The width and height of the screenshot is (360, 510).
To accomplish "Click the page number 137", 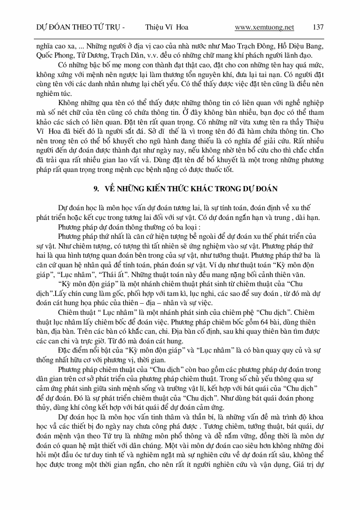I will [318, 27].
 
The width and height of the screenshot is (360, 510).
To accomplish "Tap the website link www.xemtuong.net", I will [264, 27].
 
